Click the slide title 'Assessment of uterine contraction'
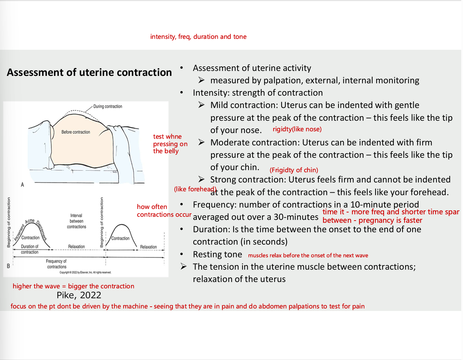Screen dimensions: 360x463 click(89, 72)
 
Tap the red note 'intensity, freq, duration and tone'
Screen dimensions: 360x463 click(198, 37)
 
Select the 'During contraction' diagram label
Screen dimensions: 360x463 click(108, 106)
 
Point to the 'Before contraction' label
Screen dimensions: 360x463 click(76, 132)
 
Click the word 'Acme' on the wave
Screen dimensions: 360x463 click(30, 221)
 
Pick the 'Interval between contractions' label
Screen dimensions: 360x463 click(76, 221)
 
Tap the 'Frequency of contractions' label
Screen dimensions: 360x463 click(56, 264)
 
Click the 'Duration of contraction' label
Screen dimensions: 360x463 click(30, 249)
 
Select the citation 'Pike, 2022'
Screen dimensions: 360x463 click(79, 295)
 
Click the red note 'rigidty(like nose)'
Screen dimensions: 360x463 click(297, 129)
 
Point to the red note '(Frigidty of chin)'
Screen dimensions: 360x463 click(294, 170)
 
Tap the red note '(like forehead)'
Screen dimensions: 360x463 click(195, 189)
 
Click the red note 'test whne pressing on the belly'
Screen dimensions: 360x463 click(169, 144)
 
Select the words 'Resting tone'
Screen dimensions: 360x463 click(217, 254)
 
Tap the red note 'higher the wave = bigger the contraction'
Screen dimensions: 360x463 click(73, 286)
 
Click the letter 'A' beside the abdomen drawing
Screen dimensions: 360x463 click(23, 185)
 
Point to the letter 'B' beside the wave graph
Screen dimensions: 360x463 click(8, 266)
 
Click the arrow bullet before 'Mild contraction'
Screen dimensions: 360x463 click(202, 105)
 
